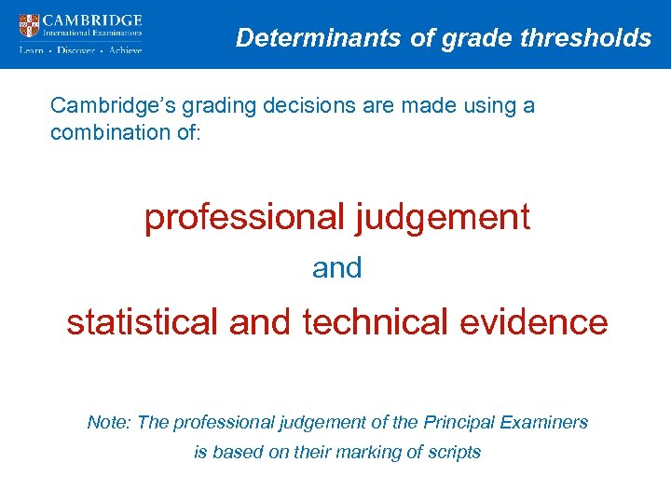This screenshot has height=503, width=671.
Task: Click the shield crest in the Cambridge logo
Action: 30,25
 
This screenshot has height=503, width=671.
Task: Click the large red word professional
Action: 244,217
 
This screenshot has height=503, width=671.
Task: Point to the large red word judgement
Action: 443,217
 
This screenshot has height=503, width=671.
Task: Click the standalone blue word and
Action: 336,268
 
